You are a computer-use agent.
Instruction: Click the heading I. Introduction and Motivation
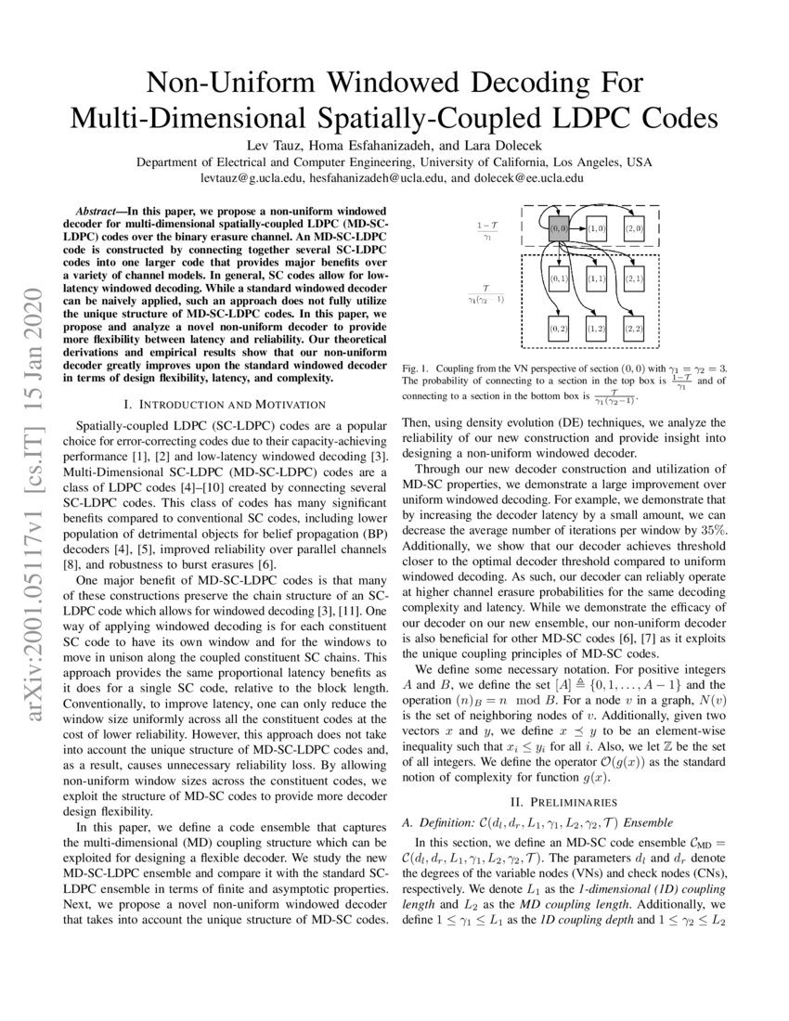pos(225,404)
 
